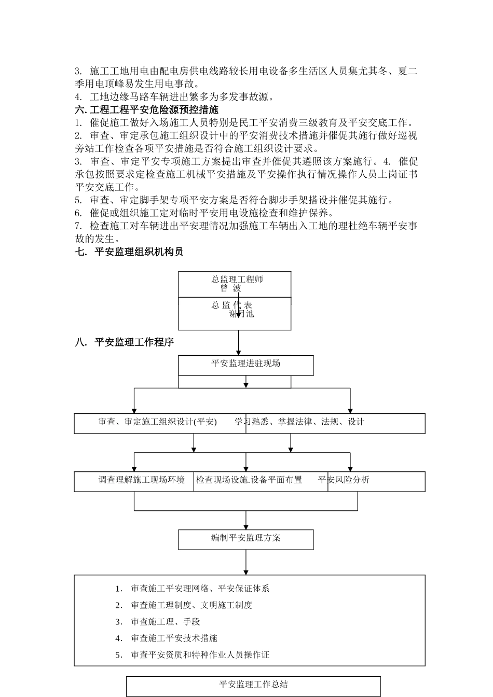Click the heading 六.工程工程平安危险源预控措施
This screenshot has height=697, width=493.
tap(147, 110)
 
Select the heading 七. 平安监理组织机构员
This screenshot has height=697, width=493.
tap(129, 252)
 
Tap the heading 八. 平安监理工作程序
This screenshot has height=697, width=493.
tap(125, 342)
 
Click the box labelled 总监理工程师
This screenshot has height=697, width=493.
tap(237, 280)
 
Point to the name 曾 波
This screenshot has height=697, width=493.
tap(231, 288)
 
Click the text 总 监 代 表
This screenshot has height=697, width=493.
tap(231, 305)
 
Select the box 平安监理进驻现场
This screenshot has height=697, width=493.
tap(245, 364)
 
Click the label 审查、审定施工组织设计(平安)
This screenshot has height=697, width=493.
tap(158, 422)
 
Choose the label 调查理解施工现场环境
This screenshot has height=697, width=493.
tap(142, 480)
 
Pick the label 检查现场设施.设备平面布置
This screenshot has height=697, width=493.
tap(249, 480)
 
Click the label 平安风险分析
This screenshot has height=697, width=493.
tap(344, 480)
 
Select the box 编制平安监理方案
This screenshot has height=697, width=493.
tap(245, 538)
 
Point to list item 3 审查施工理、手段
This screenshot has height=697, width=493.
tap(165, 622)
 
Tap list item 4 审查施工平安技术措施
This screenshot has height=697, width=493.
tap(174, 638)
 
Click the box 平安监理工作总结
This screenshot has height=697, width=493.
tap(253, 685)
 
